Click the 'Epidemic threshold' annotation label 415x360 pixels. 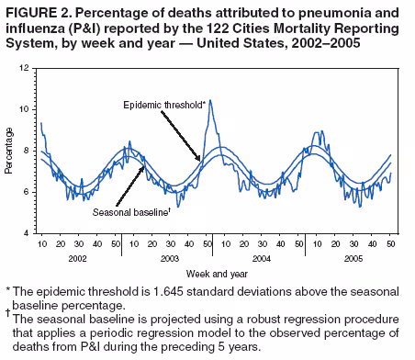click(163, 106)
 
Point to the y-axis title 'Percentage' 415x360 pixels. click(9, 152)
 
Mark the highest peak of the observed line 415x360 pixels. click(210, 101)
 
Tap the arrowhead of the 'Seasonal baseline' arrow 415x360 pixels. click(144, 164)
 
